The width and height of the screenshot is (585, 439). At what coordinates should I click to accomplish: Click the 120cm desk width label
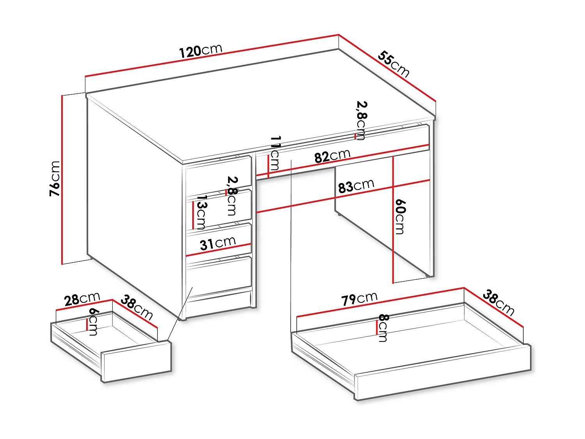pos(200,51)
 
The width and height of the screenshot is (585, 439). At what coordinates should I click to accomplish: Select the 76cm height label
pos(55,178)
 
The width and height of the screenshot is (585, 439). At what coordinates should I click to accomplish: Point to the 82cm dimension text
pos(332,156)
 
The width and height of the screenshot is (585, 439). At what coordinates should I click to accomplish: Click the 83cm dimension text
pos(356,186)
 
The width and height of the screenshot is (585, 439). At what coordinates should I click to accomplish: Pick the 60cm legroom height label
pos(400,217)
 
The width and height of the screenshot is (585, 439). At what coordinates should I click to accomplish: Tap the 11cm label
pos(275,153)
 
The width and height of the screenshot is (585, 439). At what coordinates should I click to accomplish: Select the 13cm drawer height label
pos(201,212)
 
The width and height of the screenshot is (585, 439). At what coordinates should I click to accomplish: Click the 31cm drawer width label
pos(218,243)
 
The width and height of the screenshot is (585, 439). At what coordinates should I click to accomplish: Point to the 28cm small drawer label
pos(82,299)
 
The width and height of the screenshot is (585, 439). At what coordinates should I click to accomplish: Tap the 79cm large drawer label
pos(359,299)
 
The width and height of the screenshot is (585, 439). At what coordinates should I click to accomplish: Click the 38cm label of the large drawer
pos(498,302)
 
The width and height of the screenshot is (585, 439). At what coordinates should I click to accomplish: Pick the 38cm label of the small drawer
pos(136,307)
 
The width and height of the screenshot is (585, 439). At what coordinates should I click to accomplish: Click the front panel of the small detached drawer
pos(136,361)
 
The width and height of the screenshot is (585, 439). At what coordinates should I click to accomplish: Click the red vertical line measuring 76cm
pos(62,180)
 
